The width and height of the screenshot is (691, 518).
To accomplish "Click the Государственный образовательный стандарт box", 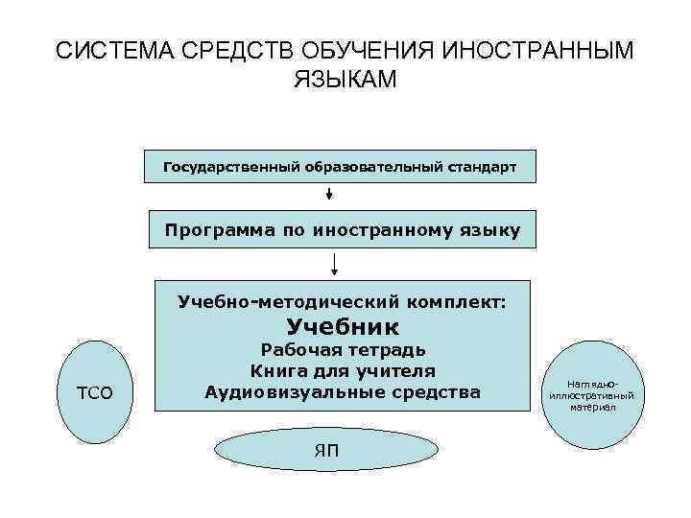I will [x=340, y=167].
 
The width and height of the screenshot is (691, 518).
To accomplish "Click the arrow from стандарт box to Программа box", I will [x=329, y=193].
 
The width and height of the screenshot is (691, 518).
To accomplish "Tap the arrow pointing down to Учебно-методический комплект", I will [x=335, y=263].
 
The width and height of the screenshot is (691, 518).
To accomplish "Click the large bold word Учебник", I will [x=342, y=327].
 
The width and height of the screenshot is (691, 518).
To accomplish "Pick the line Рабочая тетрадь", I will [x=343, y=350].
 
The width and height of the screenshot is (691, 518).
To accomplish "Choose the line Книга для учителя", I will [x=343, y=371].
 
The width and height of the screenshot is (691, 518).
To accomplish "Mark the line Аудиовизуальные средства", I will [x=343, y=391].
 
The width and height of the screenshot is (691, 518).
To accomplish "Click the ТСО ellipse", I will [x=95, y=392].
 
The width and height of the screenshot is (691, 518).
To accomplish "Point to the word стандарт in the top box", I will [x=481, y=167].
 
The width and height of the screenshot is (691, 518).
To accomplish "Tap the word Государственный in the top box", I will [x=230, y=167].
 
